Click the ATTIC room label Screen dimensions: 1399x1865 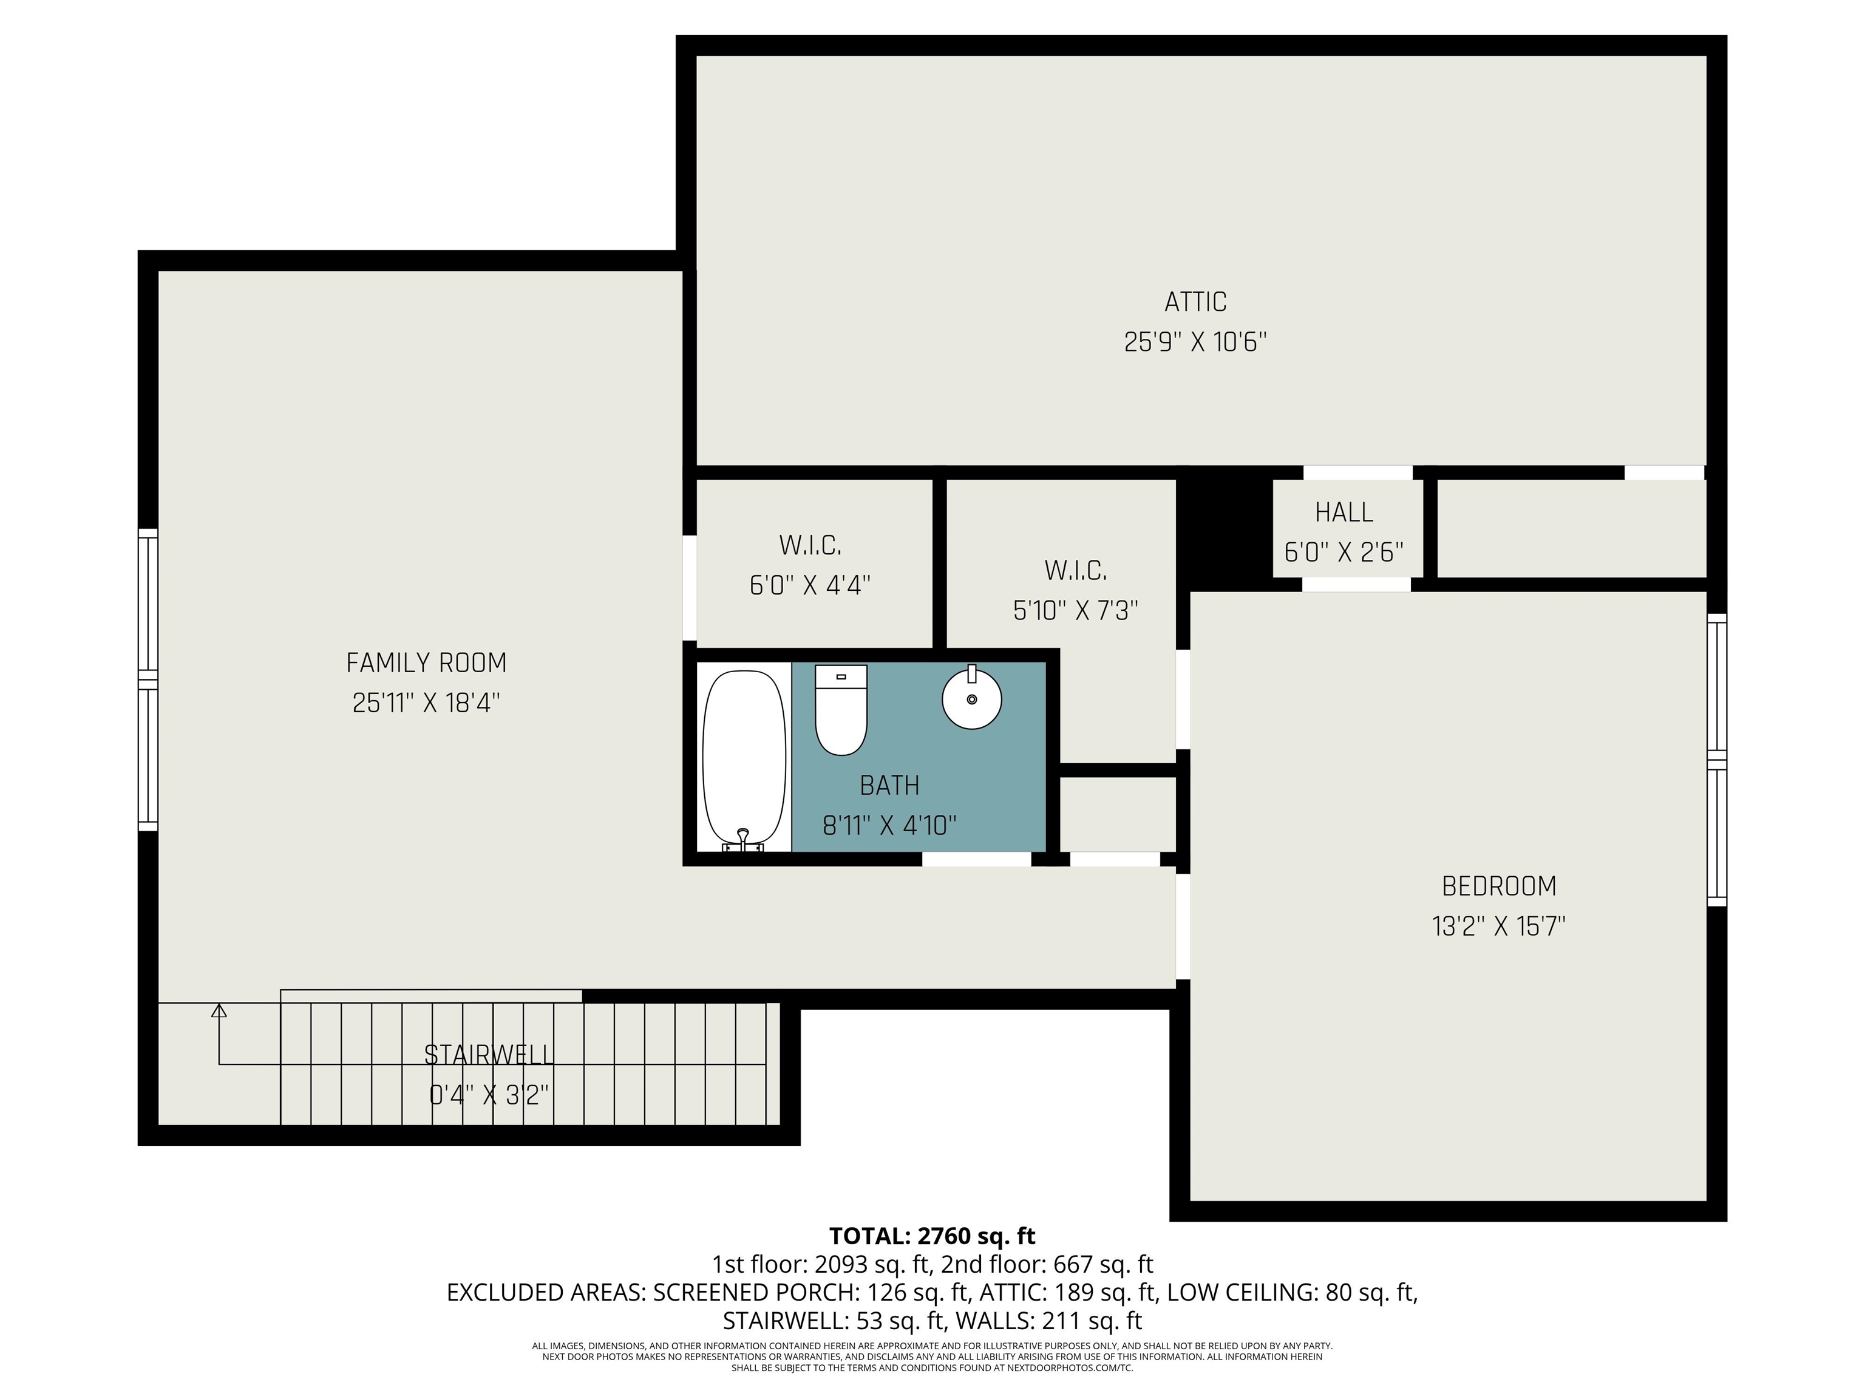coord(1195,302)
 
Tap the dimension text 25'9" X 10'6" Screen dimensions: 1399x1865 coord(1195,342)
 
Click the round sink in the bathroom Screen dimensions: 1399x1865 coord(971,699)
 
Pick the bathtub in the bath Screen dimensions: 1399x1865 coord(744,757)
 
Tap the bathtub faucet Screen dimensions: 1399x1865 coord(743,837)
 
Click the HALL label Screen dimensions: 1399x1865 coord(1344,512)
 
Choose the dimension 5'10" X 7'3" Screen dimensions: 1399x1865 coord(1075,610)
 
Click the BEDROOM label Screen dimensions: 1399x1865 coord(1498,887)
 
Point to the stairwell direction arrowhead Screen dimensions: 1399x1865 coord(219,1010)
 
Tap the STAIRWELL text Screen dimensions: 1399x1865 coord(489,1055)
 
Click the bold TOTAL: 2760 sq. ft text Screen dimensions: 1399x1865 coord(932,1236)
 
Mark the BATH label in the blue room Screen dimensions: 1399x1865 coord(889,785)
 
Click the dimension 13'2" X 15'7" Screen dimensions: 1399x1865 coord(1498,927)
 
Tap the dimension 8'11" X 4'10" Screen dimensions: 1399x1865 coord(889,826)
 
